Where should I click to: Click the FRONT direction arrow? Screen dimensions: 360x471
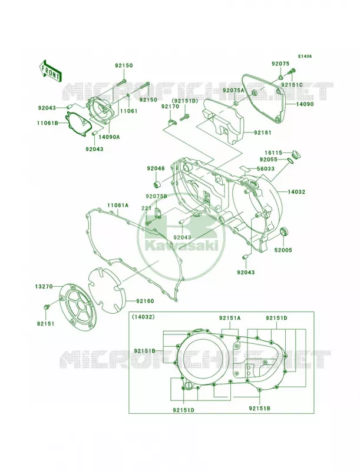50,71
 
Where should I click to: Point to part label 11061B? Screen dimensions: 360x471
48,123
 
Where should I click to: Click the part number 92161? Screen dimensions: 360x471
262,132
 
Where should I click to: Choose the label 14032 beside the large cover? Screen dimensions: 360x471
296,192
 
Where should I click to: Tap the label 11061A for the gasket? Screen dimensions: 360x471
118,205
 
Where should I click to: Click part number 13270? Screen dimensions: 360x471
43,287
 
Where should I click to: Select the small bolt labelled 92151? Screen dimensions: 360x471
46,307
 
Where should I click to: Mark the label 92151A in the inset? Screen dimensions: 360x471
230,318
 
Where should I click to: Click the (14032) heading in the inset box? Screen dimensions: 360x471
143,317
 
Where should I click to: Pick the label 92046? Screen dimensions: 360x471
156,168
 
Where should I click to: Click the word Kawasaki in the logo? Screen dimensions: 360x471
181,246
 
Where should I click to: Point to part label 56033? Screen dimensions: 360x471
265,169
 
